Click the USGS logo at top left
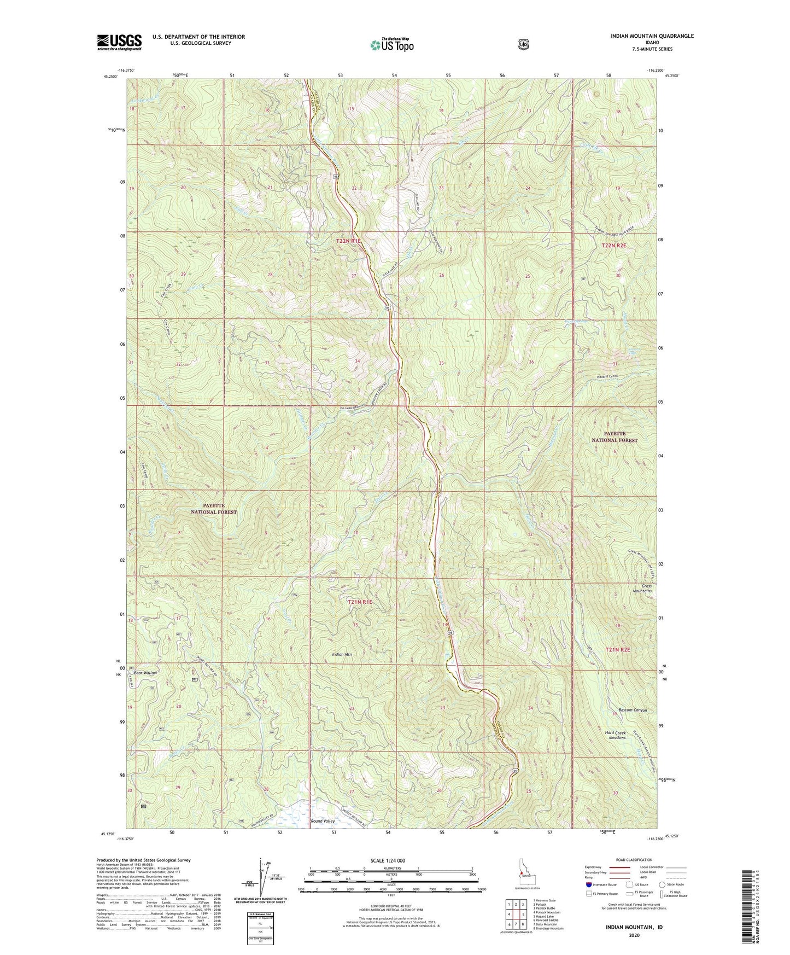(x=119, y=42)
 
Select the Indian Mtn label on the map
(x=343, y=654)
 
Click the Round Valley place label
(x=323, y=821)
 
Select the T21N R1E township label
(x=360, y=602)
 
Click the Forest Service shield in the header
(x=523, y=44)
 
